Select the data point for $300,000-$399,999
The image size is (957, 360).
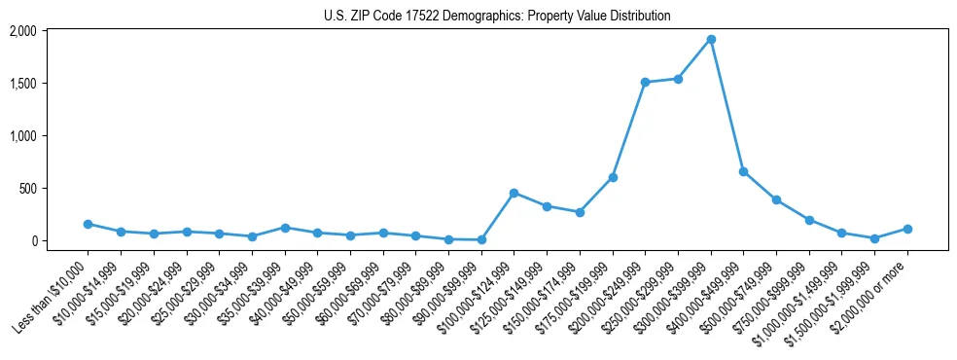coord(711,40)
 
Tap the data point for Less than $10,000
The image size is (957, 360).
coord(88,224)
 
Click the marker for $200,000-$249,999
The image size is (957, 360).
coord(645,83)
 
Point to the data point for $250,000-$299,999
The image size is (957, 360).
coord(678,79)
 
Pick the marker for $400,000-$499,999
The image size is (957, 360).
coord(743,171)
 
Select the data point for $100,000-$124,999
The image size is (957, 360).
coord(514,193)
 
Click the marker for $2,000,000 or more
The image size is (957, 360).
coord(907,229)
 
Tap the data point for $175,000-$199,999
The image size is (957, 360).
coord(613,177)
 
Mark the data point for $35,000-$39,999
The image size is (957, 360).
coord(284,228)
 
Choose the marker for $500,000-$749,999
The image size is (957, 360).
coord(776,199)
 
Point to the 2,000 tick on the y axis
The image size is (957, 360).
coord(22,31)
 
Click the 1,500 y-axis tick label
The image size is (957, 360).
coord(22,84)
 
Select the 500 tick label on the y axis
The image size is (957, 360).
coord(28,188)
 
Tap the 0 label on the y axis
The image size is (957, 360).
coord(33,240)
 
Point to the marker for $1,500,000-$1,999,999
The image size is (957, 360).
coord(874,238)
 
